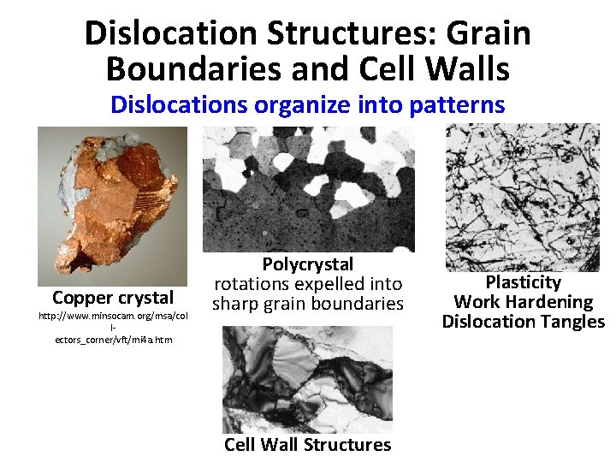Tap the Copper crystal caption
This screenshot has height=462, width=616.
(x=113, y=298)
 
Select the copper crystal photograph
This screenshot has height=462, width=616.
(x=112, y=205)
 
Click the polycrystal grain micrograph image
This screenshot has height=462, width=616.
(x=308, y=189)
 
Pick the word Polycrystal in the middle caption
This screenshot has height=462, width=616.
(x=308, y=264)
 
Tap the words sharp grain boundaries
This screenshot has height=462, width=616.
(x=308, y=304)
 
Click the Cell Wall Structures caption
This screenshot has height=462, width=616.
(x=308, y=445)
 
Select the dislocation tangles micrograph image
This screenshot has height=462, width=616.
(x=524, y=197)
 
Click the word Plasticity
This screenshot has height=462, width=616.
(x=524, y=282)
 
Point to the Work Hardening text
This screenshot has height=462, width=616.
(x=524, y=302)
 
